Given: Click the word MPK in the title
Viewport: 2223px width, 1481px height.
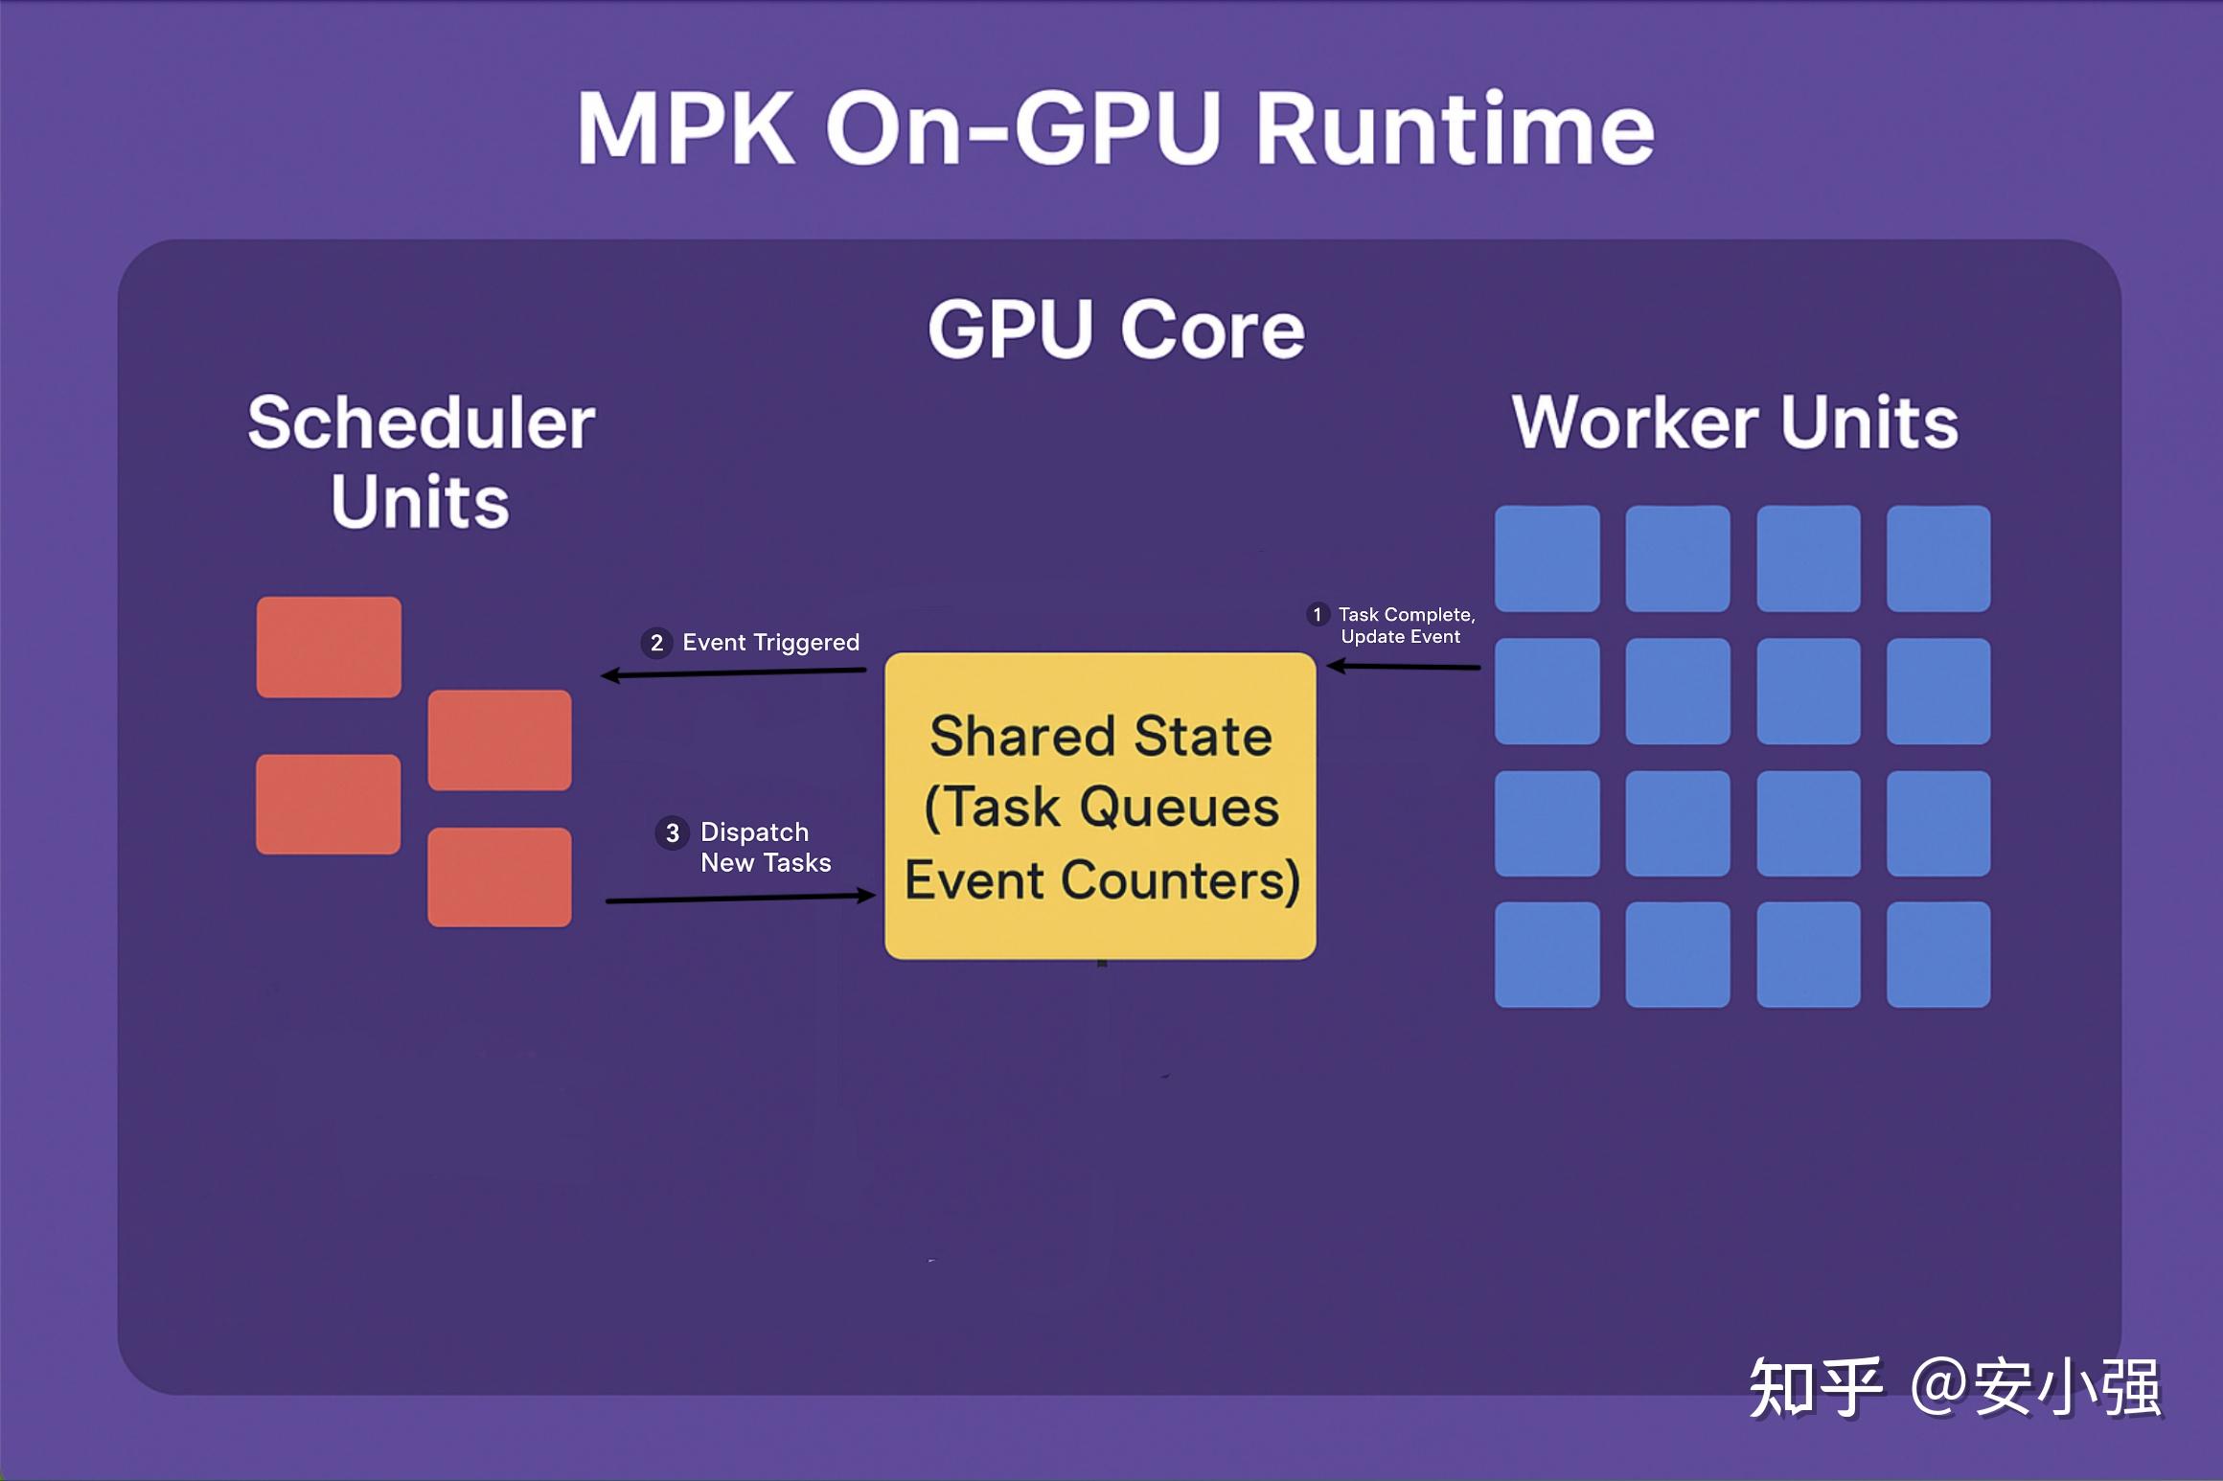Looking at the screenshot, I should [x=686, y=129].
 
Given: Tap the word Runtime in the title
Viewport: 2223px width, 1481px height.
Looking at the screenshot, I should [x=1455, y=129].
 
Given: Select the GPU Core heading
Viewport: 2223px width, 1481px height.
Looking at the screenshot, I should [x=1116, y=330].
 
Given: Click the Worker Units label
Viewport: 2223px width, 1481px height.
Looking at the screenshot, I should [x=1735, y=422].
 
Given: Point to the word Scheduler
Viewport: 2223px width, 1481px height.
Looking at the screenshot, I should [x=422, y=422].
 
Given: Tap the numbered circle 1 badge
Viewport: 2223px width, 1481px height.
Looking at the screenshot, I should [x=1318, y=614].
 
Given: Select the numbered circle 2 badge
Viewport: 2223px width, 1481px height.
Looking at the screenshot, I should [x=656, y=643].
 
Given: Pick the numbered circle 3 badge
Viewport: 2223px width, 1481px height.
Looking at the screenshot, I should [x=673, y=833].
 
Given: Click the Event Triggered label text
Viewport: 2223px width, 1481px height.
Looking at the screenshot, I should [x=770, y=643].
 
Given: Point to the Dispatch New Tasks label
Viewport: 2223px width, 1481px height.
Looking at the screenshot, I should [x=765, y=848].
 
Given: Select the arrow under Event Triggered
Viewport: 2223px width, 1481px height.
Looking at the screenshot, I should [x=734, y=673].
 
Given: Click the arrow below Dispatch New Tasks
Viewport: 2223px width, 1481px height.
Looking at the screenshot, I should [x=740, y=899].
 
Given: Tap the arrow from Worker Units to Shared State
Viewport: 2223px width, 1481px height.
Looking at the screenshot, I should [x=1404, y=667].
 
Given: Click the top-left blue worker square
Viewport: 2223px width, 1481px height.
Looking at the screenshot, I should [x=1547, y=558].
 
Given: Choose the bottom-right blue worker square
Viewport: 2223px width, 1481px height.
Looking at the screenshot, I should [x=1937, y=954].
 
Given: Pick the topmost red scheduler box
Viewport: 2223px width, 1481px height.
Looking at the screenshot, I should [x=329, y=648].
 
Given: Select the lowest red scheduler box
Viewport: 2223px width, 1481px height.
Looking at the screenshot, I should [x=499, y=877].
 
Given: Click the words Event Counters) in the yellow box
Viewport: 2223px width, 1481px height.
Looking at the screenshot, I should [x=1102, y=880].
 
